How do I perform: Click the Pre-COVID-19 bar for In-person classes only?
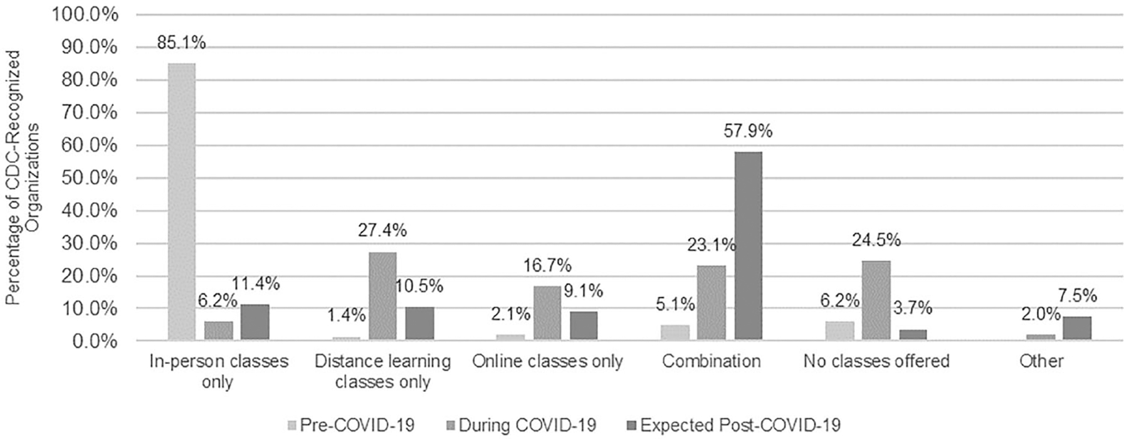[x=181, y=202]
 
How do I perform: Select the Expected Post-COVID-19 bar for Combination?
[x=748, y=246]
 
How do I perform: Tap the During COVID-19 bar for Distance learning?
[x=382, y=296]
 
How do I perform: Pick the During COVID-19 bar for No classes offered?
[x=876, y=300]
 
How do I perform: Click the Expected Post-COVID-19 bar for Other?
[x=1076, y=328]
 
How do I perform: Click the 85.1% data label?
[x=181, y=43]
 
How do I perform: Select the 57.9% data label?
[x=748, y=131]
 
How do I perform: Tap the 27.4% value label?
[x=382, y=230]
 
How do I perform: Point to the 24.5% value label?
[x=876, y=240]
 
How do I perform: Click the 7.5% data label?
[x=1076, y=295]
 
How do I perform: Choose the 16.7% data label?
[x=547, y=266]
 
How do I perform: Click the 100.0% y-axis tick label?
[x=88, y=15]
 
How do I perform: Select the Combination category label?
[x=711, y=361]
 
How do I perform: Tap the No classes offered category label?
[x=876, y=361]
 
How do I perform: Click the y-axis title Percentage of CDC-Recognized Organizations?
[x=24, y=178]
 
